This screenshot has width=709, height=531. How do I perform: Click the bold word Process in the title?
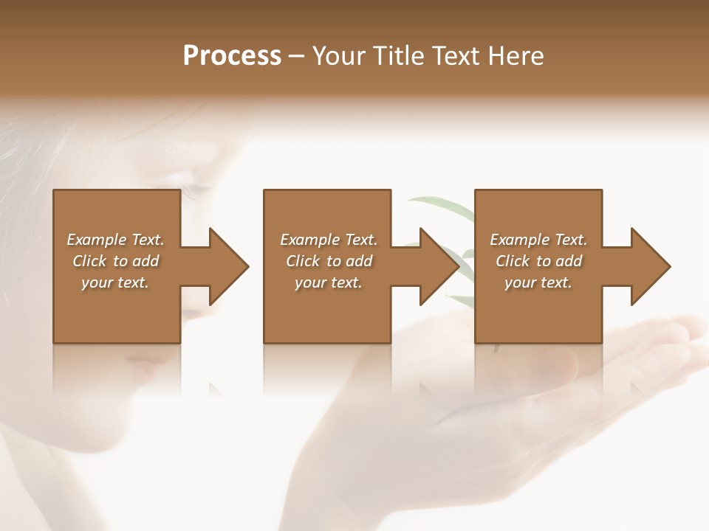[x=232, y=56]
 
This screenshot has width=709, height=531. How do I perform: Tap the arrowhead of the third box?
[x=649, y=266]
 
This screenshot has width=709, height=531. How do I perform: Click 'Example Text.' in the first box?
[x=115, y=240]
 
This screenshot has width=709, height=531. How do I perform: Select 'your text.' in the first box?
[x=115, y=282]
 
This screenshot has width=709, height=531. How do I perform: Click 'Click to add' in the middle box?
[x=329, y=261]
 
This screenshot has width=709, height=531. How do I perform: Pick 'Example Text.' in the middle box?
[x=329, y=240]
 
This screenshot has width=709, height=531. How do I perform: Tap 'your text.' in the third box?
[x=538, y=282]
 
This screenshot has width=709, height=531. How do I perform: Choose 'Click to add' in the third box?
[x=538, y=261]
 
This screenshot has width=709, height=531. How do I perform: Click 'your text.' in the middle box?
[x=329, y=282]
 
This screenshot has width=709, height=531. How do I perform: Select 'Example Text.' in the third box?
[x=538, y=240]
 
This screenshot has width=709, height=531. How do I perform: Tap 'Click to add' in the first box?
[x=115, y=261]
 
